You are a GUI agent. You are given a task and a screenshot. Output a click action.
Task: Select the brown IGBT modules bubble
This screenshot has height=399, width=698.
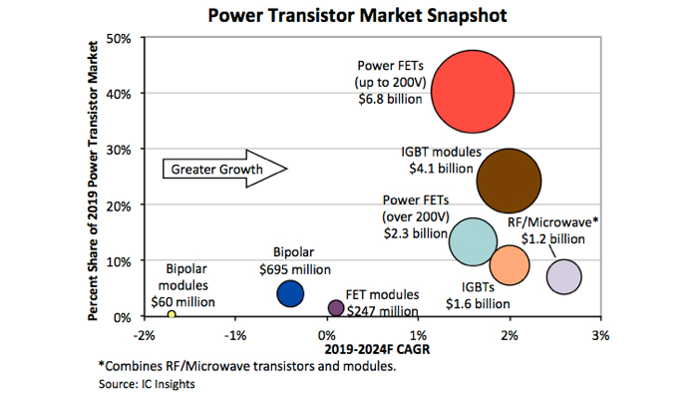pos(509,181)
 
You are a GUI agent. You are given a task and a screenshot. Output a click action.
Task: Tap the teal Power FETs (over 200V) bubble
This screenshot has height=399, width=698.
pos(473,240)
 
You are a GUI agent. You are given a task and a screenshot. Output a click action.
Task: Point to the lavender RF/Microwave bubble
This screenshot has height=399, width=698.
pos(564,276)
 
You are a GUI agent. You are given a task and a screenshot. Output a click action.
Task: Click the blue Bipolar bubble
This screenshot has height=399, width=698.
pos(290,293)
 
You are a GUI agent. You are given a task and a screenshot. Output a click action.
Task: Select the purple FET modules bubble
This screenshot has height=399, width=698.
pos(337,308)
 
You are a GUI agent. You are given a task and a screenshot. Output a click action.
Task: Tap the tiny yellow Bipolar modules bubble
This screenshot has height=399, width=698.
pos(172,314)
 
